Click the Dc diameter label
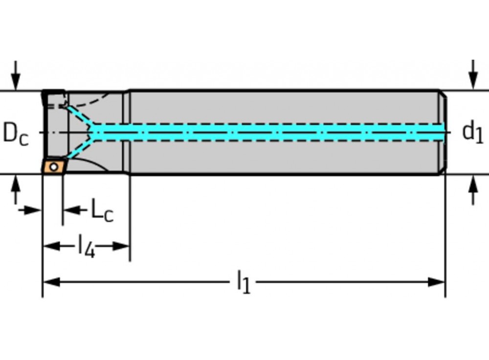tap(16, 133)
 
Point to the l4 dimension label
tap(87, 246)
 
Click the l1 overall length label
tap(243, 282)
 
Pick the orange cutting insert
tap(53, 166)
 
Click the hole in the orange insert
tap(55, 166)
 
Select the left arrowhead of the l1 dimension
tap(50, 282)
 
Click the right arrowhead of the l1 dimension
tap(437, 282)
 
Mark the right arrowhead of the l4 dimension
tap(121, 246)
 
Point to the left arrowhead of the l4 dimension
tap(51, 246)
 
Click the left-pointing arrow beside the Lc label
tap(71, 210)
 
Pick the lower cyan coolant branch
tap(81, 148)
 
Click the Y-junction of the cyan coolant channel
tap(96, 132)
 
